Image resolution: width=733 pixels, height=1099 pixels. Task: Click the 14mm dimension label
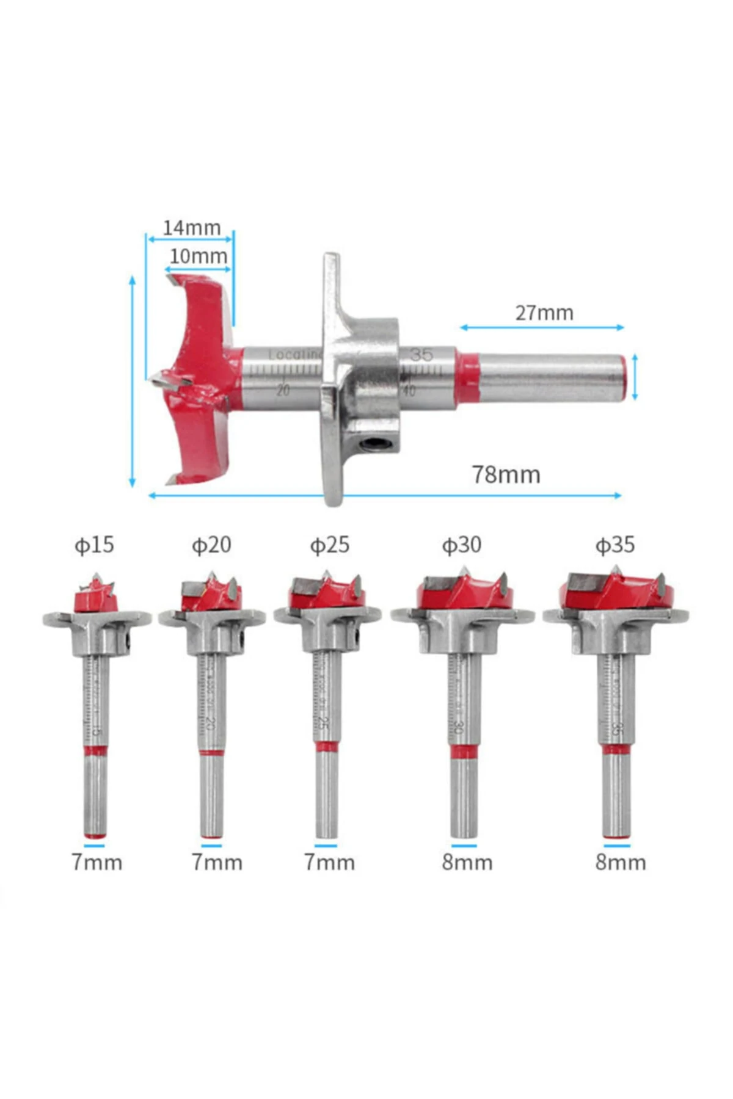[x=191, y=228]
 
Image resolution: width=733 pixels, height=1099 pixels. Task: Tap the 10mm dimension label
[x=198, y=256]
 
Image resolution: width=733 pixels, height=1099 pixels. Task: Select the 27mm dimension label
[x=544, y=313]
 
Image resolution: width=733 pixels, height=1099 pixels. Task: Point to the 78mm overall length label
[x=506, y=474]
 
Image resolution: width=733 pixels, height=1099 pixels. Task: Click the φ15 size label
[x=94, y=545]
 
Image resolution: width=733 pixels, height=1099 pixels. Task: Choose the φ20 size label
[x=211, y=545]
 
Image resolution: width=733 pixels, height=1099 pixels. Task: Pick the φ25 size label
[x=329, y=545]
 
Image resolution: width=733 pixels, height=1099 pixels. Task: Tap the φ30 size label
[x=461, y=545]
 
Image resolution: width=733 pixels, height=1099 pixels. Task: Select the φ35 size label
[x=615, y=545]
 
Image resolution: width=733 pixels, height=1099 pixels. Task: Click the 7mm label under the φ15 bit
[x=97, y=862]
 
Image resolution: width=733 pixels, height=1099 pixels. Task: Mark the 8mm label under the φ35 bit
[x=621, y=862]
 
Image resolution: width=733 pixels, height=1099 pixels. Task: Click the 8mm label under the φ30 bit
[x=467, y=862]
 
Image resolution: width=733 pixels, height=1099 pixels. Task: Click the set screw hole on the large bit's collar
[x=372, y=444]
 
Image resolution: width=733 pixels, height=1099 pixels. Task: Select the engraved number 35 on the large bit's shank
[x=421, y=355]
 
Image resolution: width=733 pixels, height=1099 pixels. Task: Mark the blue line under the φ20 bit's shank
[x=211, y=846]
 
